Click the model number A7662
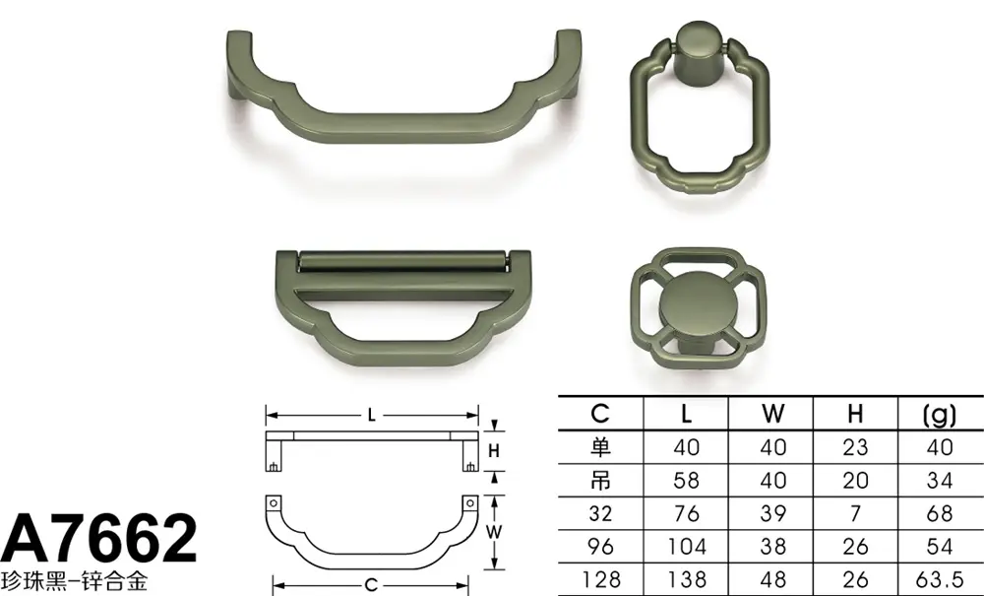click(98, 540)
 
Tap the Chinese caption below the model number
click(74, 581)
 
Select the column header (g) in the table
click(940, 414)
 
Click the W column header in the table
click(773, 414)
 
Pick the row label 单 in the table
click(600, 447)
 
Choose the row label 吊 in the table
click(600, 481)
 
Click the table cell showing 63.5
click(940, 579)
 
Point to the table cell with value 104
click(686, 547)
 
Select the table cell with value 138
click(686, 579)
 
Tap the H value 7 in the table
click(856, 513)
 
